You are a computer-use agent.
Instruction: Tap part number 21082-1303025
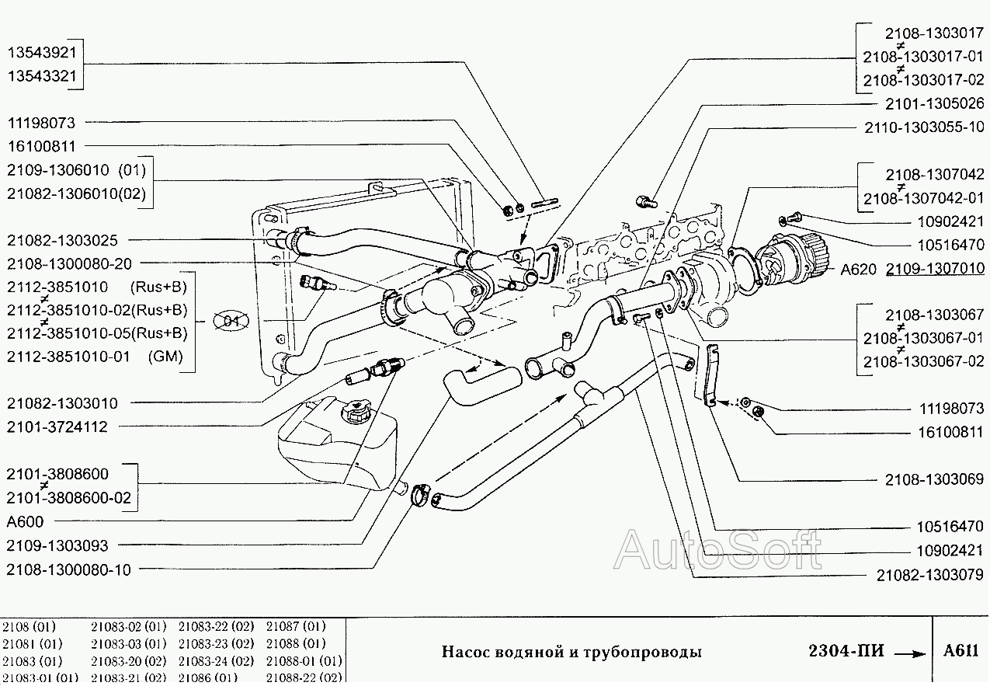tap(62, 241)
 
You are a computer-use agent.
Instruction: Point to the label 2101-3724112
tap(57, 427)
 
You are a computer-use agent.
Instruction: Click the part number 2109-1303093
tap(57, 545)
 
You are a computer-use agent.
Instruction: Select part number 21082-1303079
tap(929, 575)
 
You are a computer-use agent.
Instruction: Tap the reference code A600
tap(25, 521)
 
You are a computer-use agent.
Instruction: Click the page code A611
tap(961, 651)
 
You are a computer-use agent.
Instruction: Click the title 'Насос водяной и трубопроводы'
tap(571, 652)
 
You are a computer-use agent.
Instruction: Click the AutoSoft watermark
tap(717, 550)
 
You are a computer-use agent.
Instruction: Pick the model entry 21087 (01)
tap(296, 625)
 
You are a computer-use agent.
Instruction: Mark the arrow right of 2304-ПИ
tap(909, 653)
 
